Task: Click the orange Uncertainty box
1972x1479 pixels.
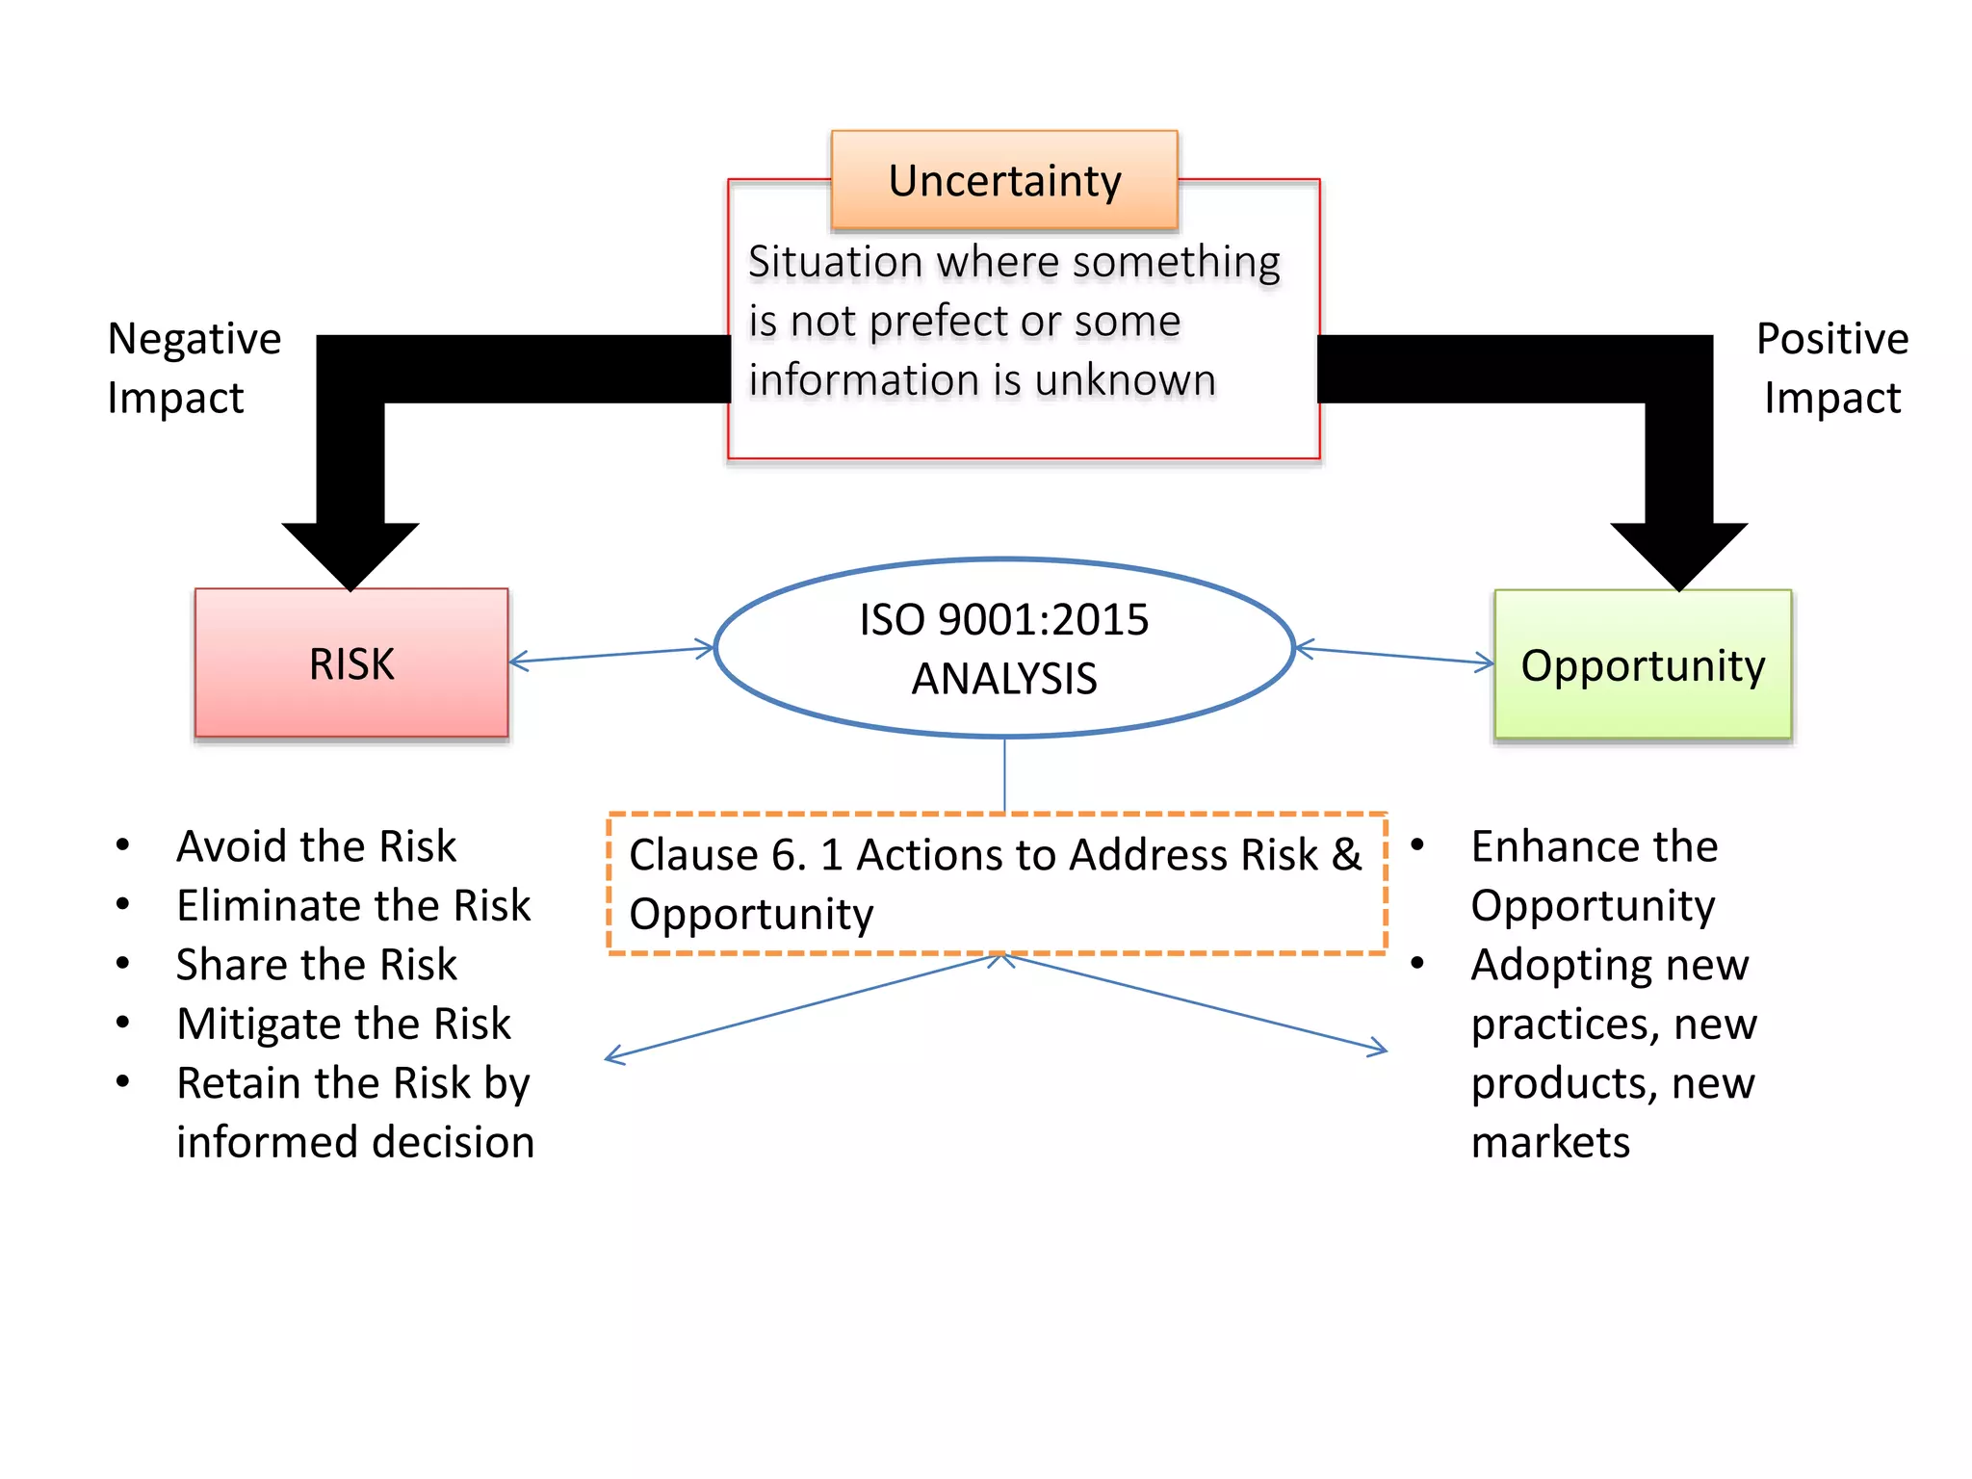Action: click(1004, 180)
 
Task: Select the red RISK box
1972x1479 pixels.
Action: click(351, 663)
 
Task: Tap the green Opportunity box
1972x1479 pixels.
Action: click(1643, 665)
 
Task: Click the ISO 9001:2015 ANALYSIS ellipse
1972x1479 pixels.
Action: click(1004, 648)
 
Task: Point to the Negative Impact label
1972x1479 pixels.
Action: click(193, 368)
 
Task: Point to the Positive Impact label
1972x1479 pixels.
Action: click(1831, 368)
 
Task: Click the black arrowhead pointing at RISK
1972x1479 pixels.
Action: click(350, 553)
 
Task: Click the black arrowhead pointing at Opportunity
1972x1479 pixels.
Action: click(1678, 553)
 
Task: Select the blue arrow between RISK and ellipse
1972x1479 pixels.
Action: click(612, 655)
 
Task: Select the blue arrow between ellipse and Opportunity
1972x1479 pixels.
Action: click(1394, 656)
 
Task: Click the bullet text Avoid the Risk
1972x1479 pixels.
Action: click(317, 846)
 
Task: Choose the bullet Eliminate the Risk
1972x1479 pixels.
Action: click(353, 906)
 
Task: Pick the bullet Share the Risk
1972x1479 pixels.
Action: click(317, 965)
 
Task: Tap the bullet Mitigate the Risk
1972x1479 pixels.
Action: click(344, 1024)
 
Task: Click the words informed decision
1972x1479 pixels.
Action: click(355, 1143)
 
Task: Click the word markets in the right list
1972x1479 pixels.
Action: click(1550, 1143)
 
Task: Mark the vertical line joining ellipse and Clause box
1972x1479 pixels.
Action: click(1004, 775)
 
